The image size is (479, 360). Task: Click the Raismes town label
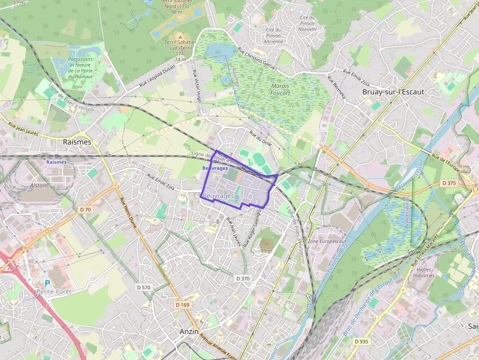77,142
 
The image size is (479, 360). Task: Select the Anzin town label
189,331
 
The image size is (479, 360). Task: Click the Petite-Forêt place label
54,292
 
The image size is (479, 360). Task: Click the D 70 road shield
85,209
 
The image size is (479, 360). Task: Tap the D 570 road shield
143,287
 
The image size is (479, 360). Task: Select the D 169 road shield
182,304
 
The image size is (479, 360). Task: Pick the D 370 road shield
242,278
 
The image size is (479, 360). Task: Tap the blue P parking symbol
47,283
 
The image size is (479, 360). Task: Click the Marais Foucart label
280,89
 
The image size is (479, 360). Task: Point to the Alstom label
39,186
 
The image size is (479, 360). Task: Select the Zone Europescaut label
327,241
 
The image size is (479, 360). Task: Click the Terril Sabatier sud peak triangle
180,36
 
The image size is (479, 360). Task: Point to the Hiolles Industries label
423,272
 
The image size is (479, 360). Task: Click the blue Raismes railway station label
56,162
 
